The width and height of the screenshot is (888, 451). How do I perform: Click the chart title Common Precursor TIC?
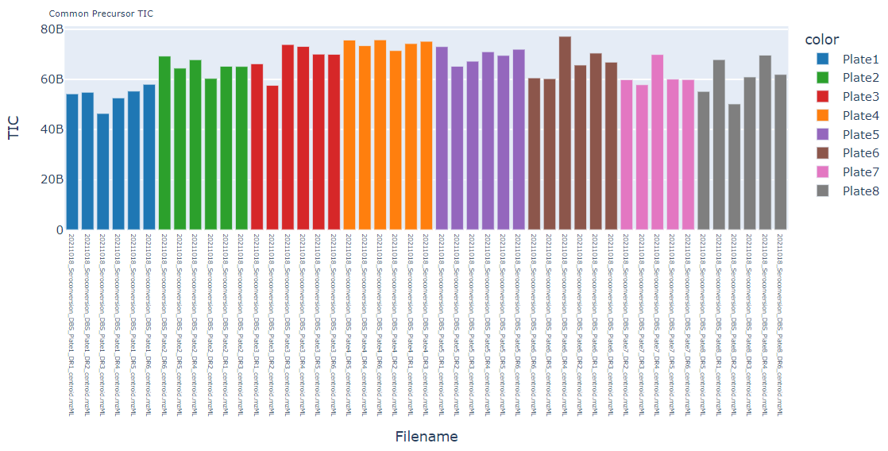[101, 13]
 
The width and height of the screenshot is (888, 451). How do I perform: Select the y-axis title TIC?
[14, 128]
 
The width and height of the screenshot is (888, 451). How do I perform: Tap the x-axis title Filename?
[426, 436]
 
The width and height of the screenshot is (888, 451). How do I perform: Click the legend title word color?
[821, 40]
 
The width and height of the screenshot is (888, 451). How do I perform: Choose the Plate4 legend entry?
[860, 115]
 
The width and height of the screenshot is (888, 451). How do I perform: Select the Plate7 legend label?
[860, 172]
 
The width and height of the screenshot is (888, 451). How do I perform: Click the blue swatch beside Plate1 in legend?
[822, 59]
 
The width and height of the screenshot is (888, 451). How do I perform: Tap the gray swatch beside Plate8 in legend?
[822, 191]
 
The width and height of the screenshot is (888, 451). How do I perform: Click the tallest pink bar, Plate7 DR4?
[657, 142]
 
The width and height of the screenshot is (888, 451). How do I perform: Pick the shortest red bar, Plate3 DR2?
[272, 158]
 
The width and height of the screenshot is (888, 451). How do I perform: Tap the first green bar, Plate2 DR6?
[164, 143]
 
